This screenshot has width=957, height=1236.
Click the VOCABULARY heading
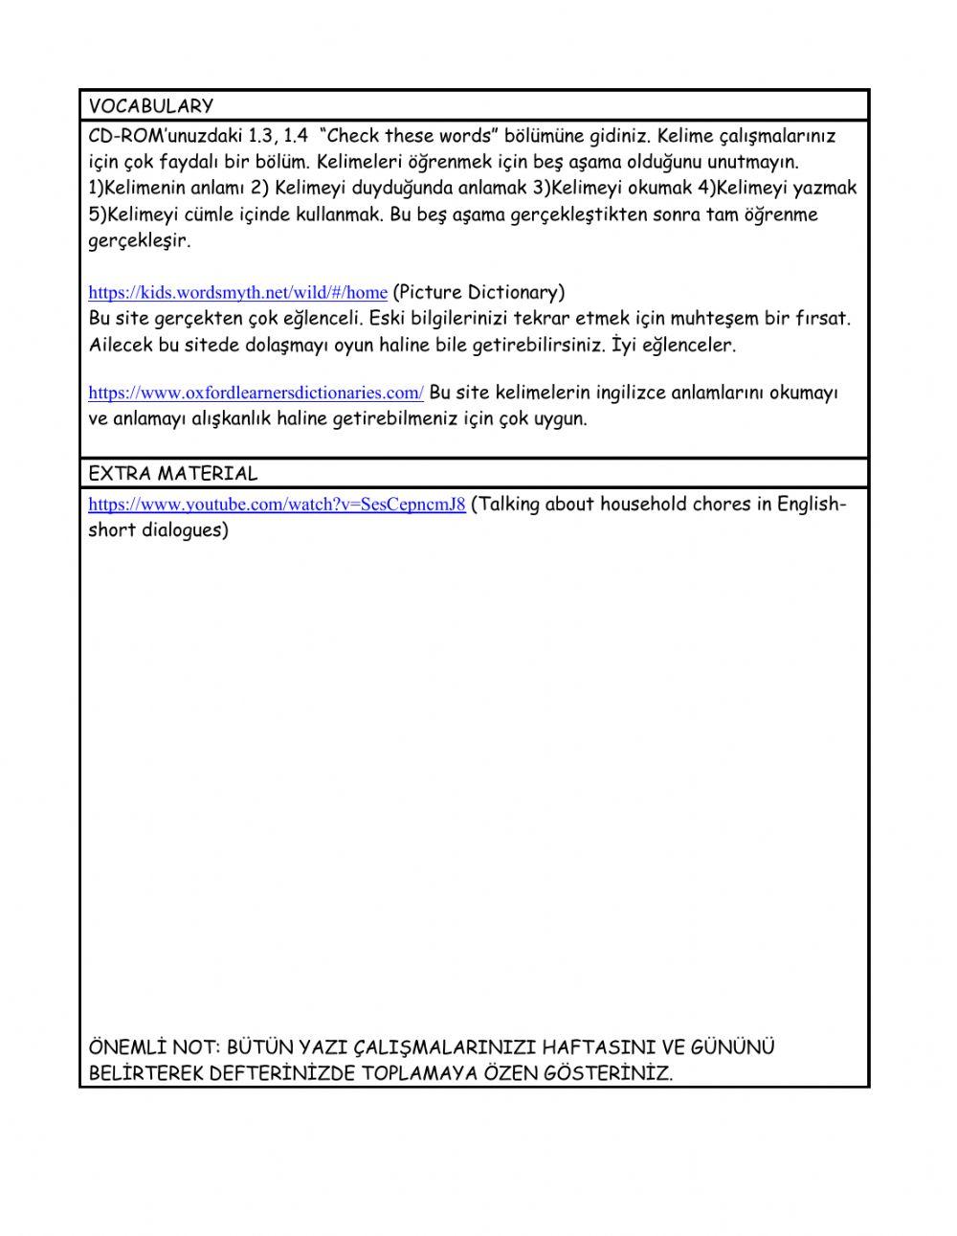click(x=150, y=106)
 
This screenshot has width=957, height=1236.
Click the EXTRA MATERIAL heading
click(x=172, y=473)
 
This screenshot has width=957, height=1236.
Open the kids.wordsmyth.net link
click(x=237, y=293)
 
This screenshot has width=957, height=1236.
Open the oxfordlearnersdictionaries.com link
click(x=256, y=393)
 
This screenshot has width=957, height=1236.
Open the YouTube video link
click(x=277, y=505)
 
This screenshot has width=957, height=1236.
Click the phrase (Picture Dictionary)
click(x=478, y=292)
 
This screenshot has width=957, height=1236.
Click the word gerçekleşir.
click(x=139, y=240)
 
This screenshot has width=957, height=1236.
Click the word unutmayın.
click(x=752, y=162)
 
